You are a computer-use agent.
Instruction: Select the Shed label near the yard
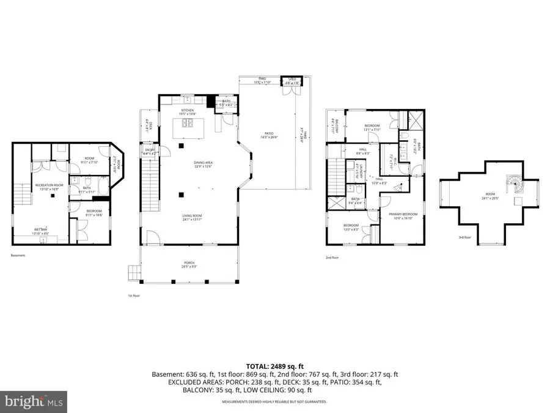click(x=292, y=79)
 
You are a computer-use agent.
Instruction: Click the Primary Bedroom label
click(x=398, y=214)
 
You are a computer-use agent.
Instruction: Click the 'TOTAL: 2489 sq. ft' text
click(x=274, y=365)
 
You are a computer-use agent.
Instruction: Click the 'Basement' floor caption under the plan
click(x=18, y=255)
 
